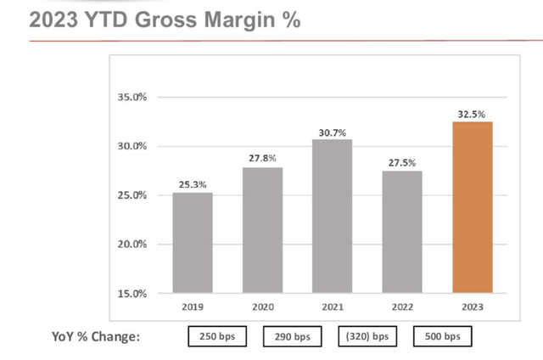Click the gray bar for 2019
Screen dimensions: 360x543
point(193,243)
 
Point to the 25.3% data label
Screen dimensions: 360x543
point(193,183)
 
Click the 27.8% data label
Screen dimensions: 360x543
point(262,159)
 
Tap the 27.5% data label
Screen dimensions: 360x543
point(401,162)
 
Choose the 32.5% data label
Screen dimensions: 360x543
point(473,113)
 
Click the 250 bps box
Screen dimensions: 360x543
point(217,336)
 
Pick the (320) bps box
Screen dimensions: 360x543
point(367,336)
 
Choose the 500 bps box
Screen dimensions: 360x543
point(443,336)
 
